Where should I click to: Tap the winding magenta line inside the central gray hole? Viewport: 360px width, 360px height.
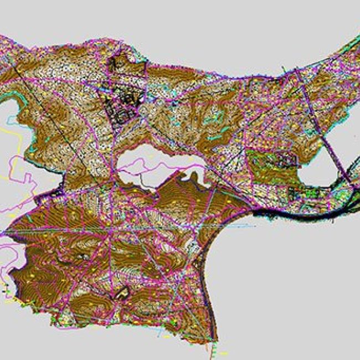click(150, 164)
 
